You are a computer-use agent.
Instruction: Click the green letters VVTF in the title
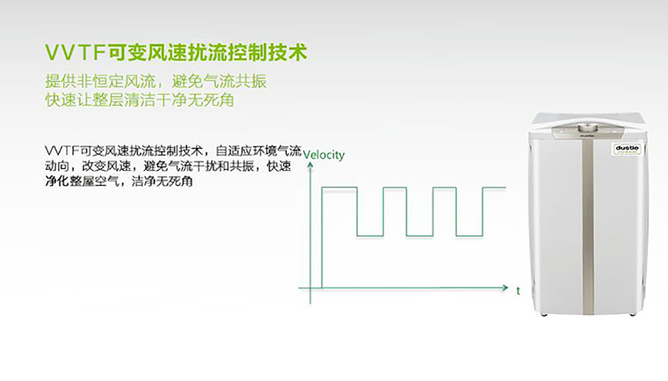click(x=75, y=53)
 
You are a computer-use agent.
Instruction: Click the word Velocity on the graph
click(x=324, y=155)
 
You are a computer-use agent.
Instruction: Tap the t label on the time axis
click(x=518, y=291)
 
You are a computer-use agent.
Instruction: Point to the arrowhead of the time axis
click(x=505, y=288)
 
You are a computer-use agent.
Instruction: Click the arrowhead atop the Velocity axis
click(x=310, y=166)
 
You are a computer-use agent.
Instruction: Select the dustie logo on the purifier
click(x=627, y=149)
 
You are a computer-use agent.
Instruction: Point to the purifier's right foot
click(x=632, y=314)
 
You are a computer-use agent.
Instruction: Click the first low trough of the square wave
click(x=370, y=235)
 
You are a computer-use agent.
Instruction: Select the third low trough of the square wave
click(x=469, y=235)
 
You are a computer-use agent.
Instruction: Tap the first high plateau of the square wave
click(x=339, y=187)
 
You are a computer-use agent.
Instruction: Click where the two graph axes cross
click(x=310, y=288)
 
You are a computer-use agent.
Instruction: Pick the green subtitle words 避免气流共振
click(x=219, y=81)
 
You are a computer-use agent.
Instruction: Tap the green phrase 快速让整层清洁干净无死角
click(x=140, y=100)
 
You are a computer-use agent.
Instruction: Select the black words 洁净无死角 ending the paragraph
click(x=162, y=182)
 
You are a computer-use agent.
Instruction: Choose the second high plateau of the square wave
click(x=395, y=187)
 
